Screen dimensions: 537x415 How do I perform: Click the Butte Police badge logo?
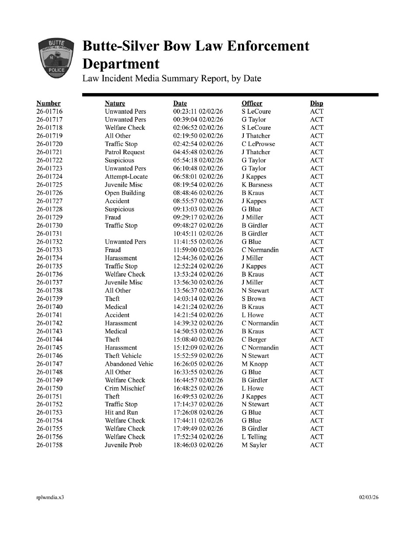coord(55,59)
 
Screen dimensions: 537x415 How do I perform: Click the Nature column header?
coord(115,104)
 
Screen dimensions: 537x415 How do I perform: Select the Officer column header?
coord(252,104)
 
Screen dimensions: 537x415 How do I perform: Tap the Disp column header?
coord(316,104)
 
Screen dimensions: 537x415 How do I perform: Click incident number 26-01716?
coord(49,111)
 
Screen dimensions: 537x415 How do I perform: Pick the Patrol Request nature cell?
coord(125,152)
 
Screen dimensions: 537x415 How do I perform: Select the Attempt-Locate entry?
coord(126,177)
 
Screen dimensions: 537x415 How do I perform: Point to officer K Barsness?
coord(257,185)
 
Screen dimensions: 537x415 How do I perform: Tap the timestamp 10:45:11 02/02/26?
coord(198,234)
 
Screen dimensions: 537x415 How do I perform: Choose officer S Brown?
coord(253,299)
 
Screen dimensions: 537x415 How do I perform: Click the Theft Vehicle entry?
coord(123,356)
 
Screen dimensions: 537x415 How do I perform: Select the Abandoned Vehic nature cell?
coord(129,364)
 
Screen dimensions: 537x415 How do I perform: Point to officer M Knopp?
coord(254,364)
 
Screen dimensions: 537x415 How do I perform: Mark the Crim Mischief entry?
coord(125,388)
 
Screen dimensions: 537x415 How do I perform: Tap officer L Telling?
coord(254,437)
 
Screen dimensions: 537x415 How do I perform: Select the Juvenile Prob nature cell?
coord(123,445)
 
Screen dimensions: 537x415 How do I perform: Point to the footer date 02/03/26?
coord(369,497)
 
